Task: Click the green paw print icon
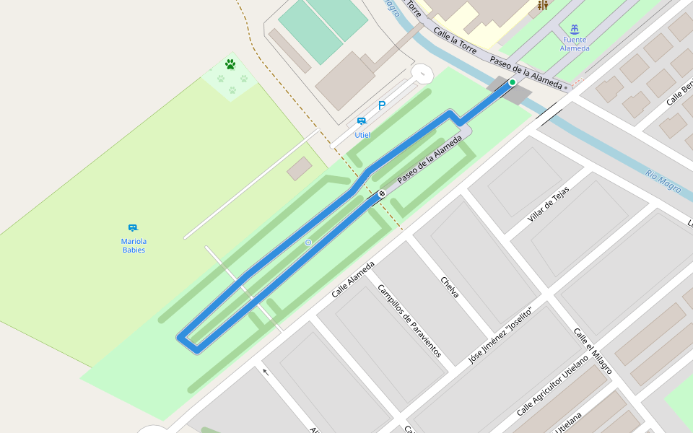(x=230, y=64)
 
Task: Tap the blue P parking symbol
(x=382, y=105)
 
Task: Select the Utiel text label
(x=362, y=135)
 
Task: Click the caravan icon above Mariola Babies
(x=133, y=228)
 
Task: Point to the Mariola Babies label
(x=134, y=245)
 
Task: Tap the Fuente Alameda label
(x=575, y=44)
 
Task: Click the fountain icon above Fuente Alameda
(x=574, y=29)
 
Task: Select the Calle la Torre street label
(x=455, y=40)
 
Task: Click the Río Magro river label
(x=663, y=180)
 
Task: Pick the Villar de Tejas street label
(x=549, y=204)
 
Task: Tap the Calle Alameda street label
(x=353, y=279)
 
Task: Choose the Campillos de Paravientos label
(x=409, y=320)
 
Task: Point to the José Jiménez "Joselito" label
(x=500, y=335)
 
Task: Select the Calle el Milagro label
(x=593, y=351)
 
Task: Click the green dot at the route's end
(x=512, y=82)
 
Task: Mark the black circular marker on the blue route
(x=381, y=193)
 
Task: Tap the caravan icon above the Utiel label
(x=362, y=121)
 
